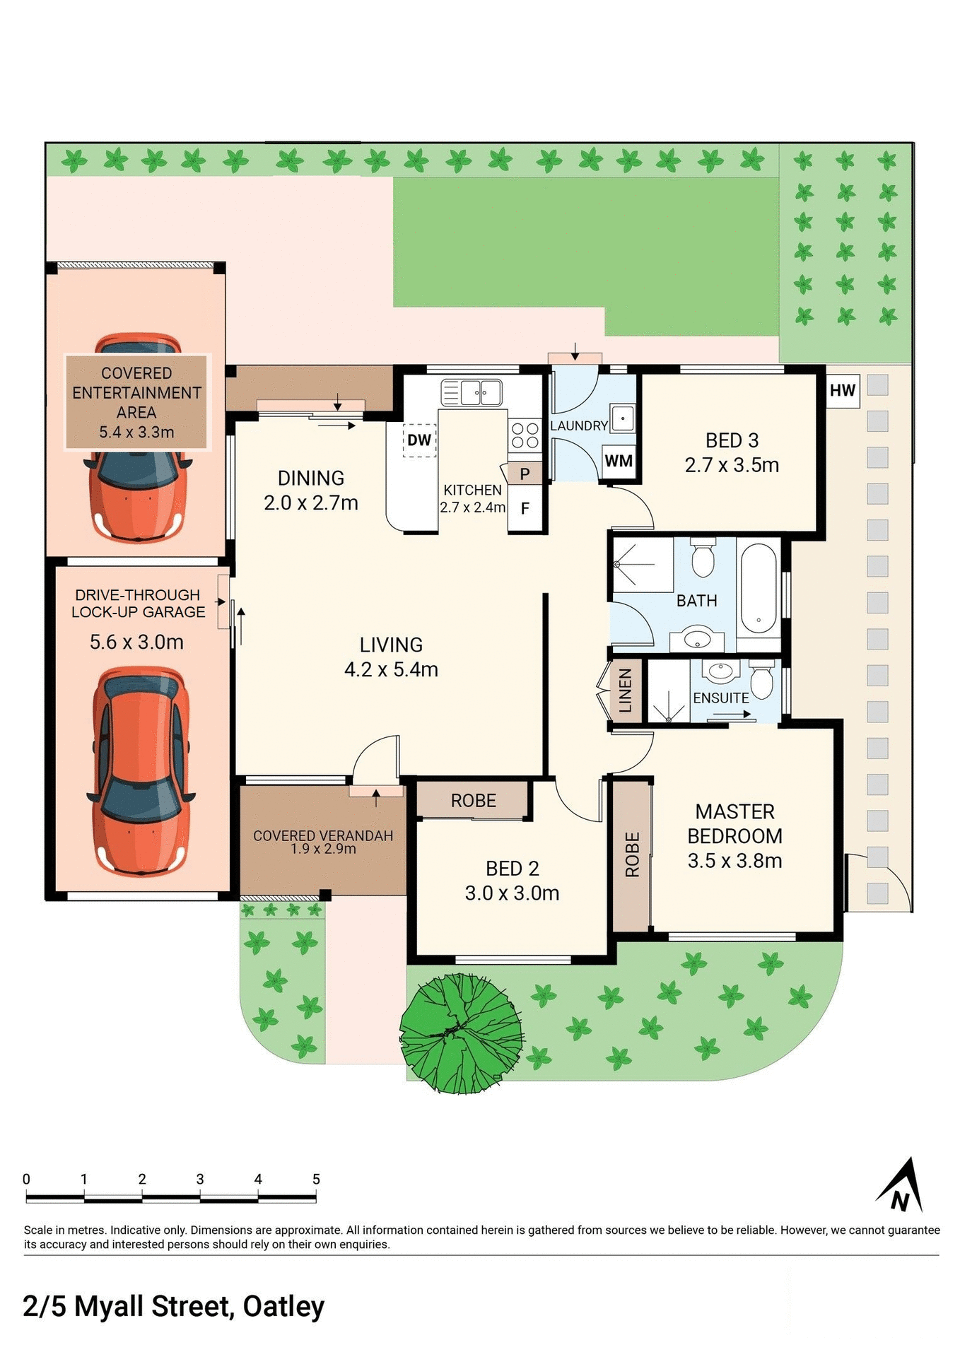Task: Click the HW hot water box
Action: coord(843,391)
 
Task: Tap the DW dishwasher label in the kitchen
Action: coord(419,440)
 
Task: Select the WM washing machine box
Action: coord(619,462)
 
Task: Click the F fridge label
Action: coord(525,508)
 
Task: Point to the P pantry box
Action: coord(525,474)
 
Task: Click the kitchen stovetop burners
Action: coord(525,435)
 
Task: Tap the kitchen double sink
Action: coord(472,392)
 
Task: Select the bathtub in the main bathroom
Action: coord(759,589)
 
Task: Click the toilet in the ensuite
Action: coord(761,679)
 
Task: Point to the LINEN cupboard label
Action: coord(626,691)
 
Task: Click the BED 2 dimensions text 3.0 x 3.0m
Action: coord(512,893)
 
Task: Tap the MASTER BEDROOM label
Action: coord(734,823)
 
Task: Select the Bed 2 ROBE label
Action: coord(474,801)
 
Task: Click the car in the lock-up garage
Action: coord(141,770)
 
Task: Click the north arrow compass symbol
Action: coord(902,1187)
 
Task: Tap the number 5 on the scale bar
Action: coord(316,1179)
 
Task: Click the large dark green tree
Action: coord(462,1033)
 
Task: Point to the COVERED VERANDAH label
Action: coord(323,835)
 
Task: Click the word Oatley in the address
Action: coord(283,1307)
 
